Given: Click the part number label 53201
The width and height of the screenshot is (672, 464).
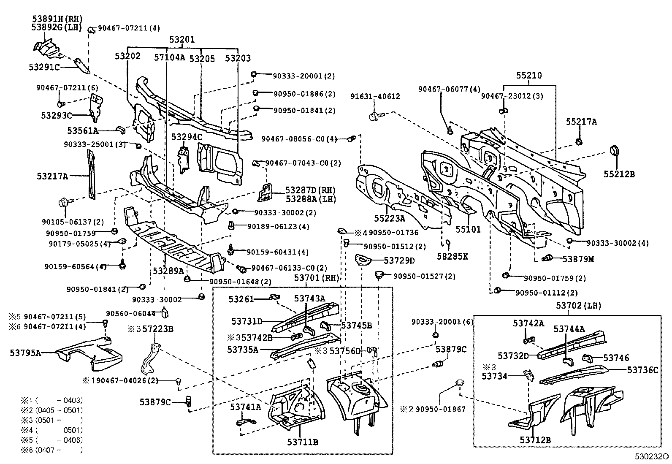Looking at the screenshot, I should point(182,40).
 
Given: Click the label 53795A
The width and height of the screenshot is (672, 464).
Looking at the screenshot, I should point(25,353).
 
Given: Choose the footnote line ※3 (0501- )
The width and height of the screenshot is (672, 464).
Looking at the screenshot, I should point(51,420).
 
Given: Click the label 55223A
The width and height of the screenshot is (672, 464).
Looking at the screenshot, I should point(389,218).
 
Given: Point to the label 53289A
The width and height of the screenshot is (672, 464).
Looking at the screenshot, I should point(168,271).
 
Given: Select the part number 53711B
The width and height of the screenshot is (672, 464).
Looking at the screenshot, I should point(302,442).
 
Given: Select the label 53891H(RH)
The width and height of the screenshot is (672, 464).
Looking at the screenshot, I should point(57,19).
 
